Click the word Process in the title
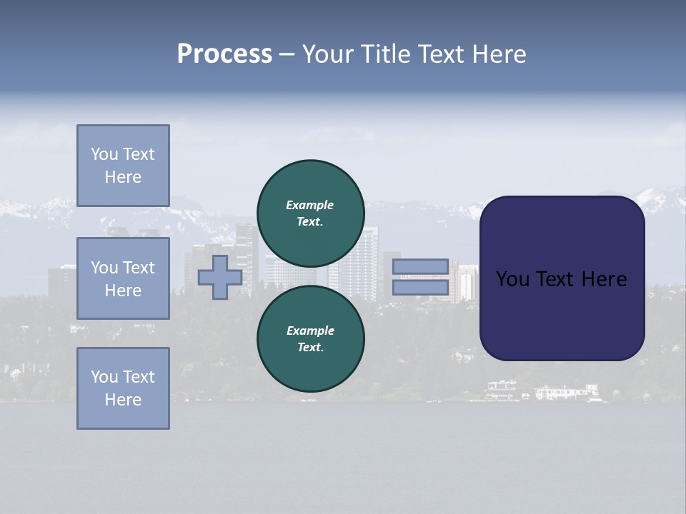224,54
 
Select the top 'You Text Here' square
123,166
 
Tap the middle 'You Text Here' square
123,278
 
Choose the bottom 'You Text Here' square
123,388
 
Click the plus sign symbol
219,277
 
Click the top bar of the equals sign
420,267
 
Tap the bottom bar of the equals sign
420,288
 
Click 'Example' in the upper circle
310,206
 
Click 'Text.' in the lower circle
310,348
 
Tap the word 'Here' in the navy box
604,279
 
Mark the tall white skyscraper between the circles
364,264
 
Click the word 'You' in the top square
104,154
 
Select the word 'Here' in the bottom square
123,400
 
